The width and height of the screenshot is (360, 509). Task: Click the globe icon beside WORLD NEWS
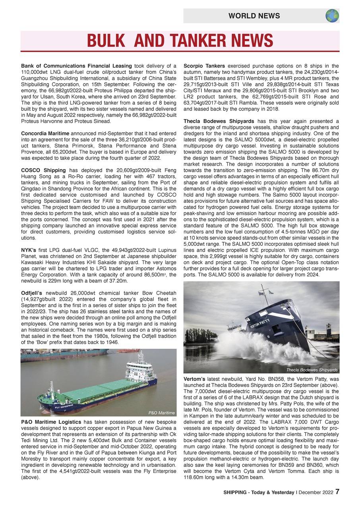[332, 16]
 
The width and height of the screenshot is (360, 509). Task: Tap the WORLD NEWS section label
[254, 16]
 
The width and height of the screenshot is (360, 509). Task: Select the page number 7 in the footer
[337, 492]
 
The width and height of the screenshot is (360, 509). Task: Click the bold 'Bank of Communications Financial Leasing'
[76, 66]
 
